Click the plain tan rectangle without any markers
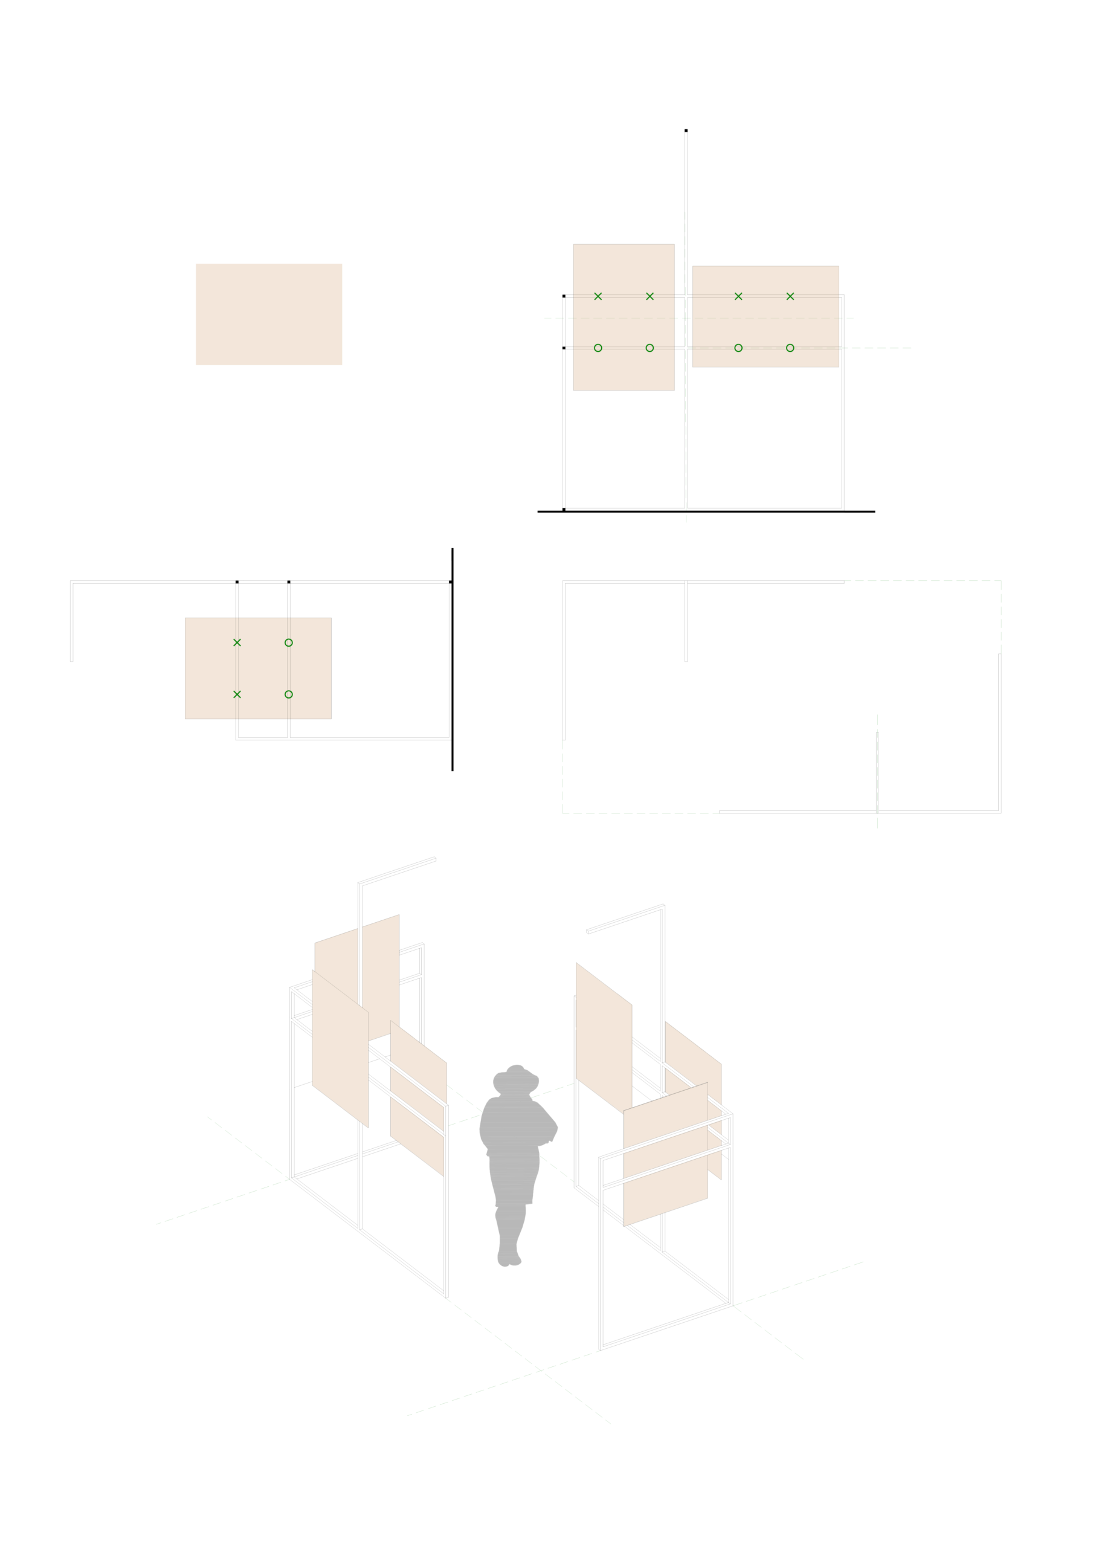click(268, 314)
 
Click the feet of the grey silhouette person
click(509, 1259)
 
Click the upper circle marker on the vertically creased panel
click(288, 643)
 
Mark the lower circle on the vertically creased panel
click(288, 694)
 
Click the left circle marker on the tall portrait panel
click(598, 347)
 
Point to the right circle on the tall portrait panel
click(650, 347)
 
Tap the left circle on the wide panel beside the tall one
click(738, 347)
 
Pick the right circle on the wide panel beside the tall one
click(790, 347)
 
